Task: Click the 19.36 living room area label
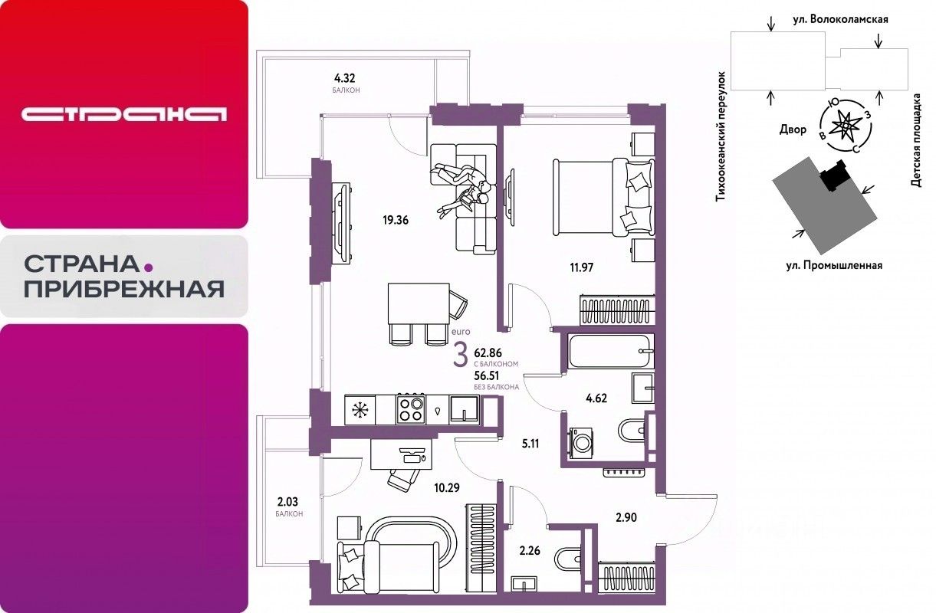396,220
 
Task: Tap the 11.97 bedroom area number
582,267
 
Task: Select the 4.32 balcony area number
345,78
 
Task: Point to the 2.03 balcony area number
288,501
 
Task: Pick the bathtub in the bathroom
611,351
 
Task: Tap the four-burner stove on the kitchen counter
410,409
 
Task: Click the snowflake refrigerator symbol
360,410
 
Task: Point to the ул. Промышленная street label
834,266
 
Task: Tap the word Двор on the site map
793,129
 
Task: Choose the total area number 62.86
488,352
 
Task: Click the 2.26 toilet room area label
530,551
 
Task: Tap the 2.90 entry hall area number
626,518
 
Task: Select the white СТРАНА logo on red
124,114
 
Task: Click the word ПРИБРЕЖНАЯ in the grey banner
124,289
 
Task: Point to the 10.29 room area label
447,487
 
